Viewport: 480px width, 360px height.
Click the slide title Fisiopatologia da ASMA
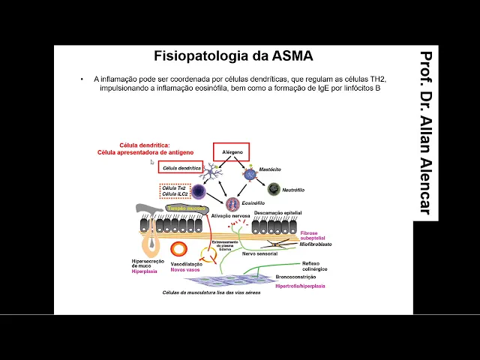[233, 56]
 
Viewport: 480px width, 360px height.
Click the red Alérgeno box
[231, 151]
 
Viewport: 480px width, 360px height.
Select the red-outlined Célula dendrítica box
[180, 168]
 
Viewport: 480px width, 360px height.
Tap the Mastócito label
[269, 170]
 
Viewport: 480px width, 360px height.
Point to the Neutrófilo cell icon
[274, 189]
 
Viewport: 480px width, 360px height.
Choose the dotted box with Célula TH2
[173, 191]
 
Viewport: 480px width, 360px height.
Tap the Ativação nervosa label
[230, 215]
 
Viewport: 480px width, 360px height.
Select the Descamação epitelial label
[277, 212]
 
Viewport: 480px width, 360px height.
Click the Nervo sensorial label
[262, 253]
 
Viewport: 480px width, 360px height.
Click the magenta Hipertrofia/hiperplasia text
[300, 286]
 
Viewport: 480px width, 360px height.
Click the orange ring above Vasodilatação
[180, 249]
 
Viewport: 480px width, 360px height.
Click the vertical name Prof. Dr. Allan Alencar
[425, 133]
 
